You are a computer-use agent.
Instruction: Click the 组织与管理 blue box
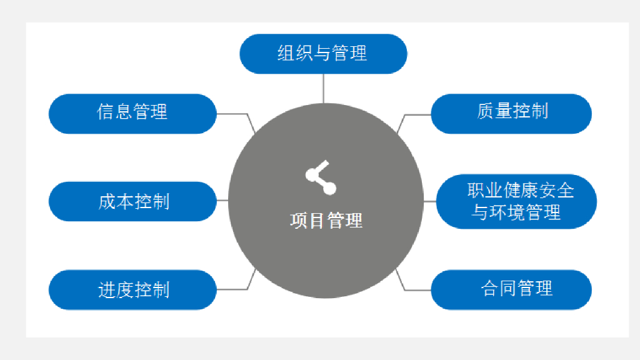[323, 54]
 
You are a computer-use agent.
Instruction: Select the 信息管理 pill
[132, 113]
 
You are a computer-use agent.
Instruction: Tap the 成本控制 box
[132, 201]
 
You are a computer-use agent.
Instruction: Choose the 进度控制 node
[132, 289]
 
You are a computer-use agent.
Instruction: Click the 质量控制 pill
[511, 113]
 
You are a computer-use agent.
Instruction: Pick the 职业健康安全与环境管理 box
[516, 201]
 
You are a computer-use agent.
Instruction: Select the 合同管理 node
[511, 289]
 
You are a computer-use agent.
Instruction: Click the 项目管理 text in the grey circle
[326, 221]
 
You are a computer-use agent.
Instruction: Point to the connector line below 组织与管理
[323, 87]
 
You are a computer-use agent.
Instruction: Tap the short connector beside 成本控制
[222, 201]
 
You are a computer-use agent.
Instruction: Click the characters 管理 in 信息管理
[150, 112]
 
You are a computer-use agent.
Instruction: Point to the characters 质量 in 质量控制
[494, 112]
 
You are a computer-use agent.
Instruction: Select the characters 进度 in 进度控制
[116, 290]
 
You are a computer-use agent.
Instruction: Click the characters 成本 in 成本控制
[116, 201]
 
